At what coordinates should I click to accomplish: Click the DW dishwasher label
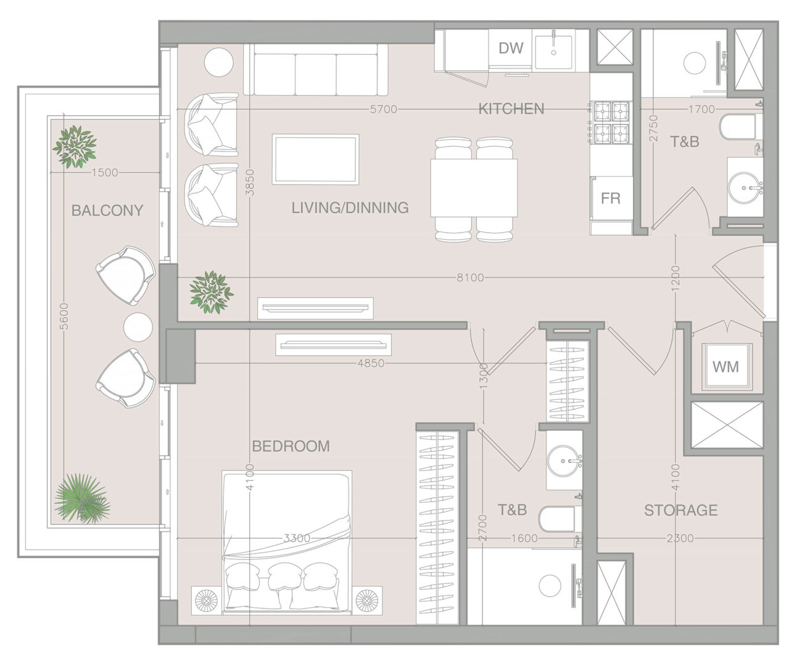tap(511, 48)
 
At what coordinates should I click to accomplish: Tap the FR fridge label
tap(610, 198)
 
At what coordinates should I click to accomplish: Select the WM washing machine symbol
tap(725, 367)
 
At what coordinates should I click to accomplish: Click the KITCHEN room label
tap(511, 109)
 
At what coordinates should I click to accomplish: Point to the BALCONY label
tap(107, 210)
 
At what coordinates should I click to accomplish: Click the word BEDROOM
tap(291, 446)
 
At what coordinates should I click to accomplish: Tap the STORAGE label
tap(681, 510)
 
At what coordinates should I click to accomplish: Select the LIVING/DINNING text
tap(350, 208)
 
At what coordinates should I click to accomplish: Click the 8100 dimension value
tap(470, 277)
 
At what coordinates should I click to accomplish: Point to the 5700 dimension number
tap(384, 110)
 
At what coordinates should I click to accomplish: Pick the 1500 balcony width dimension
tap(105, 173)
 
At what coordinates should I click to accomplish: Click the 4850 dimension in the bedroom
tap(371, 363)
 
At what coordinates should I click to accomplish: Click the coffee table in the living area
tap(315, 159)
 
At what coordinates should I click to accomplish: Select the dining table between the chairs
tap(474, 188)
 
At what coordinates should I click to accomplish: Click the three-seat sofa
tap(316, 70)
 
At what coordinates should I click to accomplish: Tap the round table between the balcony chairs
tap(138, 327)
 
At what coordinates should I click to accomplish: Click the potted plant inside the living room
tap(211, 292)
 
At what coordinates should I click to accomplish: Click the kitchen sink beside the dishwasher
tap(553, 52)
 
